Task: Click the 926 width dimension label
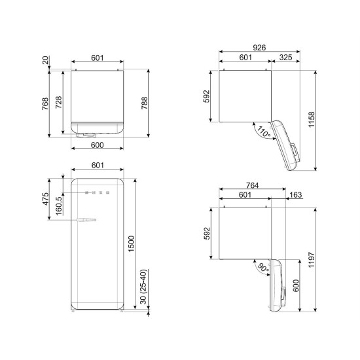click(x=259, y=48)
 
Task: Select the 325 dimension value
click(x=285, y=58)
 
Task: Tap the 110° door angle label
click(x=264, y=132)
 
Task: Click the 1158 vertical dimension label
click(x=312, y=120)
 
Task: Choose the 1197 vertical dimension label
click(x=312, y=260)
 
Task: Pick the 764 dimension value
click(x=252, y=185)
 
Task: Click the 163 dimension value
click(x=295, y=194)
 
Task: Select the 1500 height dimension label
click(x=131, y=244)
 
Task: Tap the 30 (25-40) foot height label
click(x=143, y=287)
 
